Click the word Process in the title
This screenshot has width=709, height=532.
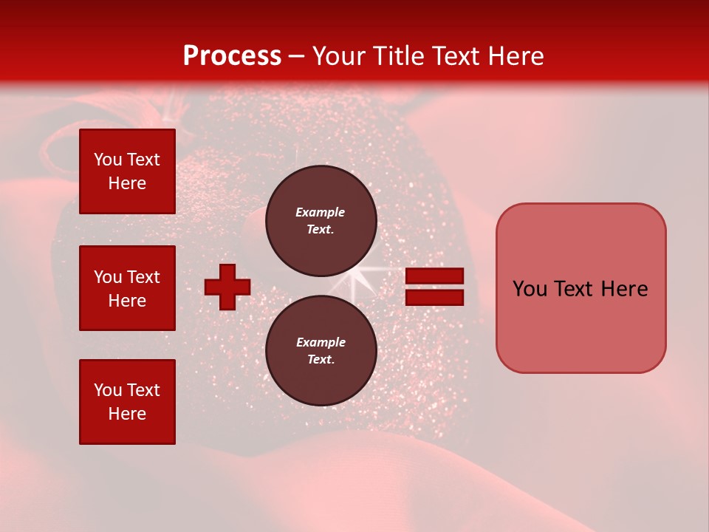232,56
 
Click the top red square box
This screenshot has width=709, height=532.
127,171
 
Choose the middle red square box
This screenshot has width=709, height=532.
127,288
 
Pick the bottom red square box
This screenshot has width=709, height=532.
127,402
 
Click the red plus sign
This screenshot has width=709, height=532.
227,287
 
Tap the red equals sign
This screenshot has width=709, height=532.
434,287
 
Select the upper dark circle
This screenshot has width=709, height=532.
321,221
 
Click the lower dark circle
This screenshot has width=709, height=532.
321,351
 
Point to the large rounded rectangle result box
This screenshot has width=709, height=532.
580,288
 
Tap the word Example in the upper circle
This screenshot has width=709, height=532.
320,212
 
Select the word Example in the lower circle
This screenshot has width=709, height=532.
321,342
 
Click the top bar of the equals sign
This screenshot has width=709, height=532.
434,276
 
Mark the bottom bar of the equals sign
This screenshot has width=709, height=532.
434,298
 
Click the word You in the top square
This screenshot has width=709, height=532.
107,160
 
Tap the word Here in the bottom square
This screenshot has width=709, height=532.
127,414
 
